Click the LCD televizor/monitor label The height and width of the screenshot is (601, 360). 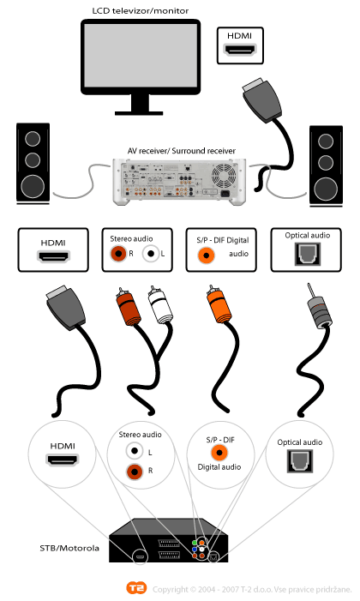(141, 11)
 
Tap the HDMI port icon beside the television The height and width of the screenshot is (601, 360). (240, 50)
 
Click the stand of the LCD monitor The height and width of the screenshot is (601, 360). (139, 105)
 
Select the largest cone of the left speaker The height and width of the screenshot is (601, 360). (33, 186)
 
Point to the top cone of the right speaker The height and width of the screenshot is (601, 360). (326, 141)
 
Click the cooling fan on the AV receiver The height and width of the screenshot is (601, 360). (225, 176)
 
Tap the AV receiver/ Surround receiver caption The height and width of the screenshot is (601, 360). (182, 151)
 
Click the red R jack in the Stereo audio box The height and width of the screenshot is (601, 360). (118, 254)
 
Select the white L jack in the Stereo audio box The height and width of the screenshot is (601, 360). (151, 254)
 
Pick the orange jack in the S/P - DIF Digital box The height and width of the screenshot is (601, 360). (207, 255)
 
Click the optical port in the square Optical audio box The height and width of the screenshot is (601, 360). (307, 254)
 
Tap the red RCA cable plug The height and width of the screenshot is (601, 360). (129, 306)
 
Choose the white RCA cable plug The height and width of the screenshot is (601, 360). (161, 304)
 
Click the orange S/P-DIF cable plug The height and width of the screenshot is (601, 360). (218, 304)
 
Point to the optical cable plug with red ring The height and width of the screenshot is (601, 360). (319, 309)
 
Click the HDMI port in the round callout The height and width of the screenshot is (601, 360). (63, 460)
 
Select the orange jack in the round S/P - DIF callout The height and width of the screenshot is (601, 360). (219, 453)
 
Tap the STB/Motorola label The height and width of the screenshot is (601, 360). (69, 548)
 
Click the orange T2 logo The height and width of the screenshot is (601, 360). (136, 587)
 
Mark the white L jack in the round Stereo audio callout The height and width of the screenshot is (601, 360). (135, 451)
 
